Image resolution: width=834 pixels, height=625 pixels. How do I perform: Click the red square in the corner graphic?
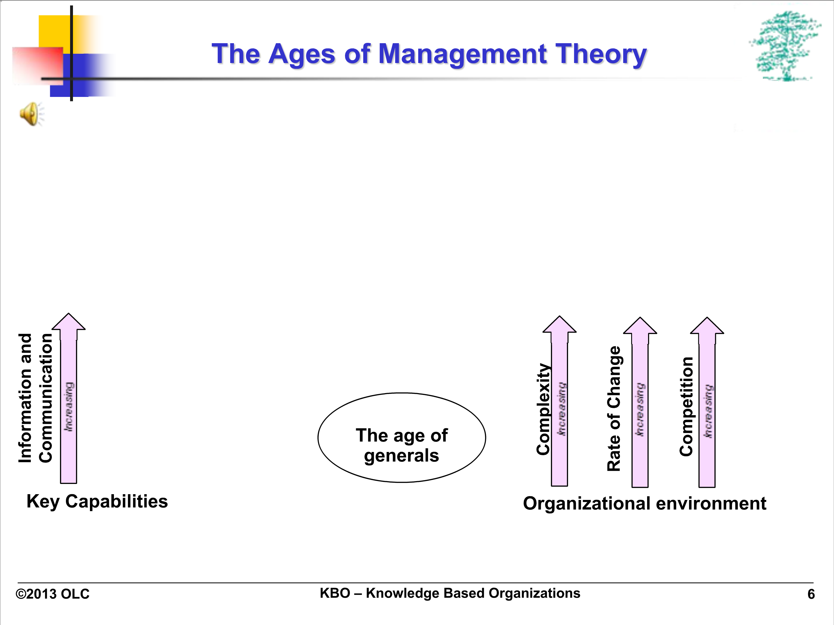[38, 66]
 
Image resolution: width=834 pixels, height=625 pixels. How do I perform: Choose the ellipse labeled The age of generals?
[402, 437]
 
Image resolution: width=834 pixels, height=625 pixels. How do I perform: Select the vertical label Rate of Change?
[614, 409]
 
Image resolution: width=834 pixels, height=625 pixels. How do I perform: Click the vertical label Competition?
[686, 407]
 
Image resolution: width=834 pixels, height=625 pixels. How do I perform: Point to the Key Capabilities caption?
[97, 502]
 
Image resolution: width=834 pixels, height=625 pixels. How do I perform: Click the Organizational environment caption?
[645, 503]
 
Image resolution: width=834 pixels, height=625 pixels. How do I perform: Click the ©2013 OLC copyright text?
[52, 594]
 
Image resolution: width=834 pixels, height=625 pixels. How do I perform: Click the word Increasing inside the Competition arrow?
[708, 411]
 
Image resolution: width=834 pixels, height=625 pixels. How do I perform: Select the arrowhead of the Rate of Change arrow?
[640, 326]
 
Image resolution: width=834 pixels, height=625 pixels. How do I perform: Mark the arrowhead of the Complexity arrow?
[559, 324]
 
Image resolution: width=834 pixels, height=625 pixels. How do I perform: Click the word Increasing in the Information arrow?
[68, 407]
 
